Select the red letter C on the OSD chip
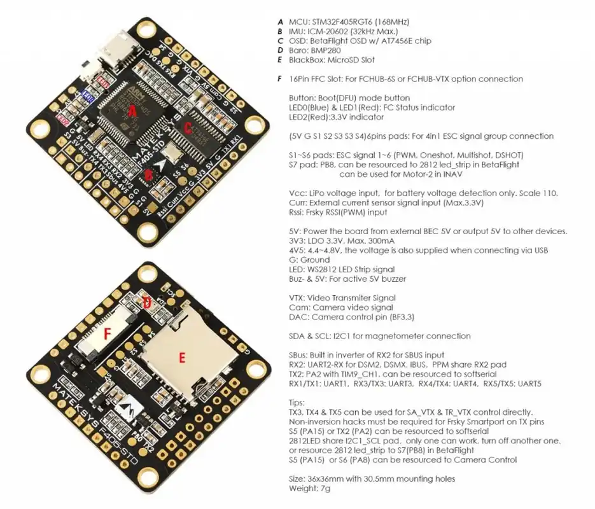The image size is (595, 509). pos(187,127)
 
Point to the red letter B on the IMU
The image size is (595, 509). pos(148,173)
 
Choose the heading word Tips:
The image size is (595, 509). pos(298,403)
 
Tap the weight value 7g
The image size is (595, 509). pos(325,489)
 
